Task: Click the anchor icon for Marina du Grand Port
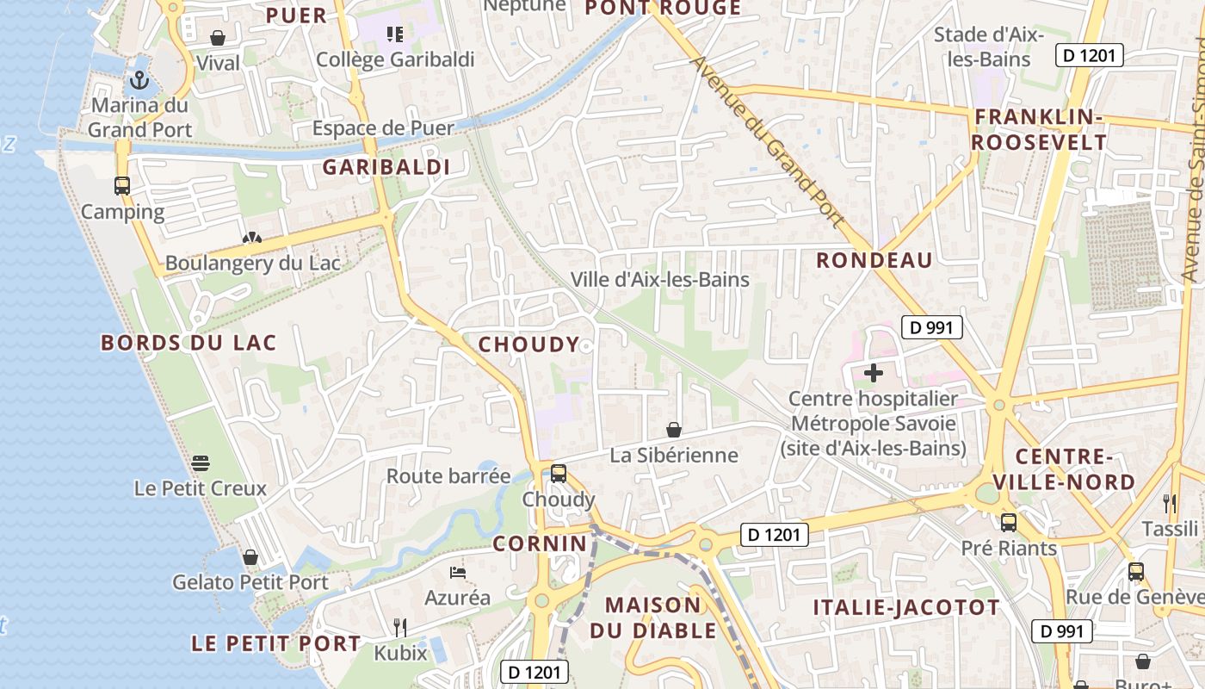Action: pyautogui.click(x=139, y=80)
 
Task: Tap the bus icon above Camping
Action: pyautogui.click(x=122, y=185)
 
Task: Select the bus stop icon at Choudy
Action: pyautogui.click(x=559, y=473)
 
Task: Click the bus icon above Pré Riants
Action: pyautogui.click(x=1009, y=522)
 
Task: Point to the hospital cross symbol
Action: pyautogui.click(x=874, y=373)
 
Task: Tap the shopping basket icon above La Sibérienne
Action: pyautogui.click(x=674, y=429)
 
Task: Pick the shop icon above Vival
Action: pyautogui.click(x=218, y=38)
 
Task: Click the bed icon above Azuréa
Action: pyautogui.click(x=458, y=572)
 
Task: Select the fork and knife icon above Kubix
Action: pyautogui.click(x=399, y=626)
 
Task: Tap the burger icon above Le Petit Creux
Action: pyautogui.click(x=201, y=463)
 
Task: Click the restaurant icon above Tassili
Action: pyautogui.click(x=1169, y=503)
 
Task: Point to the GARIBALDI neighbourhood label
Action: pyautogui.click(x=386, y=167)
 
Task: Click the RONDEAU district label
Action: pyautogui.click(x=874, y=260)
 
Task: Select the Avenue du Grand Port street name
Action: pyautogui.click(x=768, y=142)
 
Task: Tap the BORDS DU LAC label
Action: pyautogui.click(x=188, y=343)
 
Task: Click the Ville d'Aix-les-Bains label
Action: pyautogui.click(x=660, y=279)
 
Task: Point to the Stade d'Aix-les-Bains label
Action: pyautogui.click(x=988, y=47)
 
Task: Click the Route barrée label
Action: pyautogui.click(x=448, y=476)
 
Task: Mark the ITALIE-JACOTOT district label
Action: pyautogui.click(x=906, y=608)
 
